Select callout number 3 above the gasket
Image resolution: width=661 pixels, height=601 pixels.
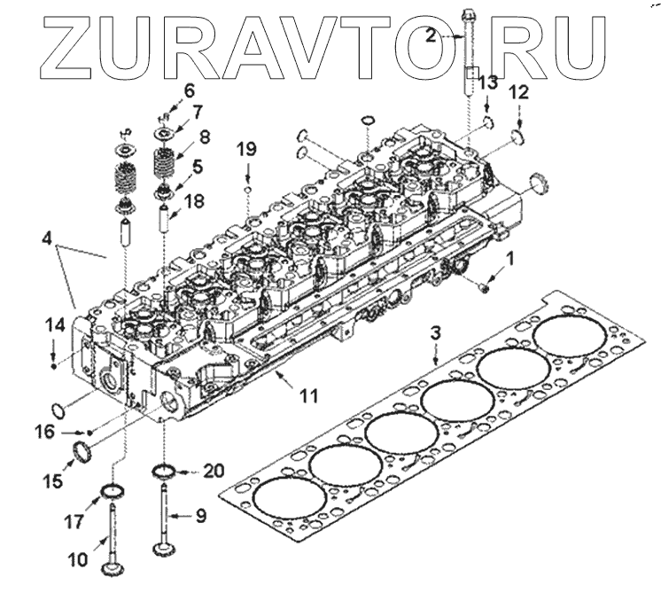pos(435,333)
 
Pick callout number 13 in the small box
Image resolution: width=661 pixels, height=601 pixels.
pos(488,82)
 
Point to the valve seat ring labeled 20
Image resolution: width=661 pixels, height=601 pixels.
pos(164,468)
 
